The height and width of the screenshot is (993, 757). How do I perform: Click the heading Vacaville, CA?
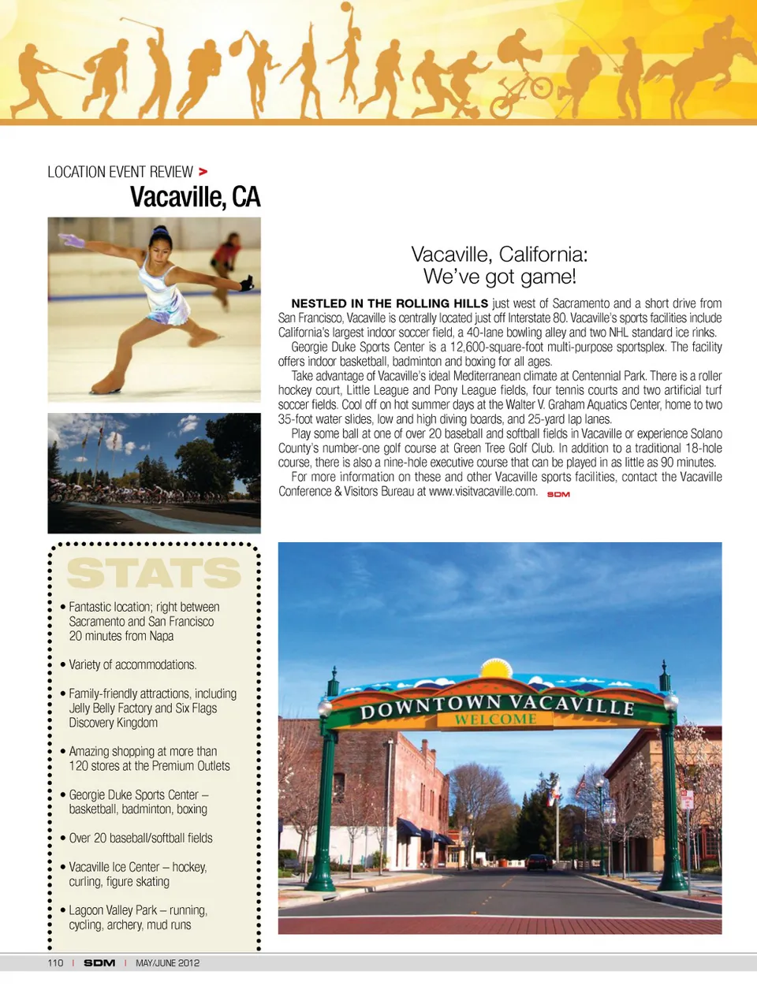(x=195, y=197)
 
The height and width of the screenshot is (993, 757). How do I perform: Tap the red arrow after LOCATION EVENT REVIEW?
(x=203, y=171)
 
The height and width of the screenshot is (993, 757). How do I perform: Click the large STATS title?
(x=154, y=573)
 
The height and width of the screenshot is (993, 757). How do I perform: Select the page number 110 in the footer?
(x=55, y=963)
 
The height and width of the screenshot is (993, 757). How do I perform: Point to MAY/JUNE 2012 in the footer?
(x=167, y=963)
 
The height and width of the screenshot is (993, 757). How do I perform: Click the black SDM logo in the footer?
(x=99, y=963)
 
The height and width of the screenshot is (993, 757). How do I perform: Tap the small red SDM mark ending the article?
(x=558, y=494)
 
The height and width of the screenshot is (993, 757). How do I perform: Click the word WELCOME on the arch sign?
(x=495, y=719)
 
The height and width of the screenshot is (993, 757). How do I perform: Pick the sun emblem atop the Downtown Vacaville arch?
(x=496, y=669)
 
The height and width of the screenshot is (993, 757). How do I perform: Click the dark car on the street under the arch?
(x=539, y=862)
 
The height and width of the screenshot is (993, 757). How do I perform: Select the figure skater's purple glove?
(x=72, y=240)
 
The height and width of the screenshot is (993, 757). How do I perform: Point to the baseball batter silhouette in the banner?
(x=39, y=79)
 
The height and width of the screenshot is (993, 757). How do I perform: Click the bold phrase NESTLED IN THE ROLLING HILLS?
(x=390, y=303)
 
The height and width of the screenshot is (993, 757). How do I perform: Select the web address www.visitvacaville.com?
(x=483, y=491)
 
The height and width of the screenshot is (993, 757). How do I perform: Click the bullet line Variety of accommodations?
(x=132, y=664)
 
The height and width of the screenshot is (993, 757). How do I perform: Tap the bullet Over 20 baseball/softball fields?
(x=140, y=838)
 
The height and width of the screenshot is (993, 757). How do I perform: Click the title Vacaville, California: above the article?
(x=499, y=255)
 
